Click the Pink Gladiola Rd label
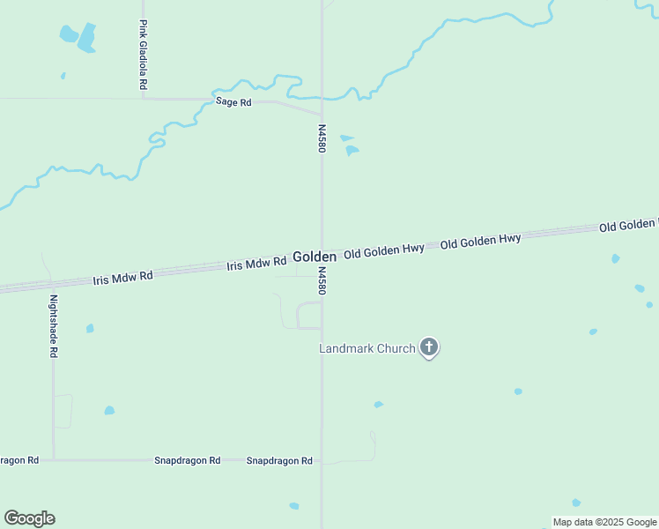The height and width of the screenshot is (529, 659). pos(142,55)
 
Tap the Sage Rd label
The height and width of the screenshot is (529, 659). pos(233,102)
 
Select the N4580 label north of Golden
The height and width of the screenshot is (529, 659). pos(322,138)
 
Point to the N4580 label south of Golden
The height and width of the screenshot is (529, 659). pos(322,282)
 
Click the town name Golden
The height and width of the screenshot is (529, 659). pos(315,257)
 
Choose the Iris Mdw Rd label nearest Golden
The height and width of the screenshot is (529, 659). pos(256,263)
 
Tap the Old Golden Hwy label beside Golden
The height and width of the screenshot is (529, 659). pos(384,250)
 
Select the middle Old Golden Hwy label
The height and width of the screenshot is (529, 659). pos(480,240)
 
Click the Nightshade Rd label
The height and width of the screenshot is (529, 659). pos(54,325)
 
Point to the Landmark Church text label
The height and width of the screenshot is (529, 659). pos(367,348)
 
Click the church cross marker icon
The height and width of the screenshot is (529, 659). pos(429,347)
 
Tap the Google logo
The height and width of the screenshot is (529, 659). pos(29,518)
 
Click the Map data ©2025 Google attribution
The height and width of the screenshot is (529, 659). pos(604,522)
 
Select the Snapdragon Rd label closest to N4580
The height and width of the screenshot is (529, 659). pos(279,461)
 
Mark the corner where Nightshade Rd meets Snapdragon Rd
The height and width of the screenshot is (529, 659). pos(54,459)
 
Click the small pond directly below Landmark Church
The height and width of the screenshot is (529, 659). pos(378,405)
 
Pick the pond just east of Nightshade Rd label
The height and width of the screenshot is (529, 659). pos(90,329)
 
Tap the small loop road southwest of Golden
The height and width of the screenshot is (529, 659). pos(309,315)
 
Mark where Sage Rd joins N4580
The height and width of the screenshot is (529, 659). pos(321,115)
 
